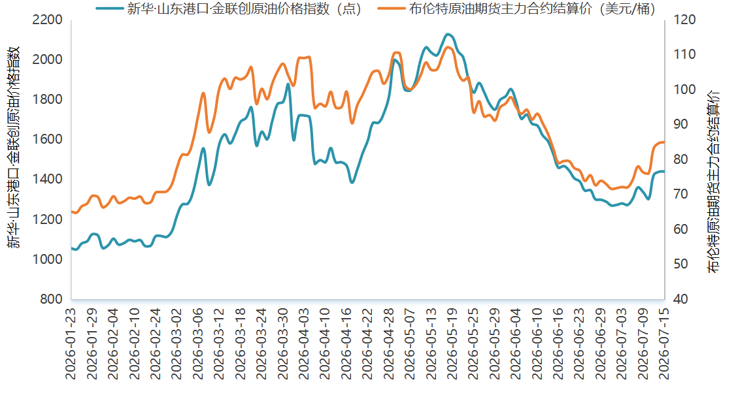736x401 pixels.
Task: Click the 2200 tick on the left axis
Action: click(x=47, y=20)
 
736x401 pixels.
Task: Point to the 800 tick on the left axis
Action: click(x=51, y=298)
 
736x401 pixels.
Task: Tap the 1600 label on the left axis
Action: click(x=47, y=139)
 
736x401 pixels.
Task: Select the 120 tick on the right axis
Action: click(x=684, y=20)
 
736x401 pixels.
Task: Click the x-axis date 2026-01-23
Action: click(x=71, y=344)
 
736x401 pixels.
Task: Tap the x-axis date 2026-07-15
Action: click(x=663, y=344)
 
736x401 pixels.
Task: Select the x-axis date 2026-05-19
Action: click(x=452, y=344)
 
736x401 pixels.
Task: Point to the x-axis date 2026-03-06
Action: click(x=197, y=344)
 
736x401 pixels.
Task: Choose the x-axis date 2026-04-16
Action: click(x=346, y=344)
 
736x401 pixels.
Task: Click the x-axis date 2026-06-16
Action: click(x=558, y=344)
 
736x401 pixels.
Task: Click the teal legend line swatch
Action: click(x=110, y=8)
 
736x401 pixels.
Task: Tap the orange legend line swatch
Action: click(x=392, y=8)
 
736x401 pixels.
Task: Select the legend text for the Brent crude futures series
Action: click(x=532, y=8)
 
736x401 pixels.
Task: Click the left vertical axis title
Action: click(x=13, y=147)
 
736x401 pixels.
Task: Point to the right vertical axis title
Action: click(x=714, y=182)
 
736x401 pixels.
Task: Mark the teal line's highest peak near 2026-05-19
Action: click(x=448, y=34)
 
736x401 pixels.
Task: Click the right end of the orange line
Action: click(x=663, y=142)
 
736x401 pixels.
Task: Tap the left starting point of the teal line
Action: click(x=72, y=248)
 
